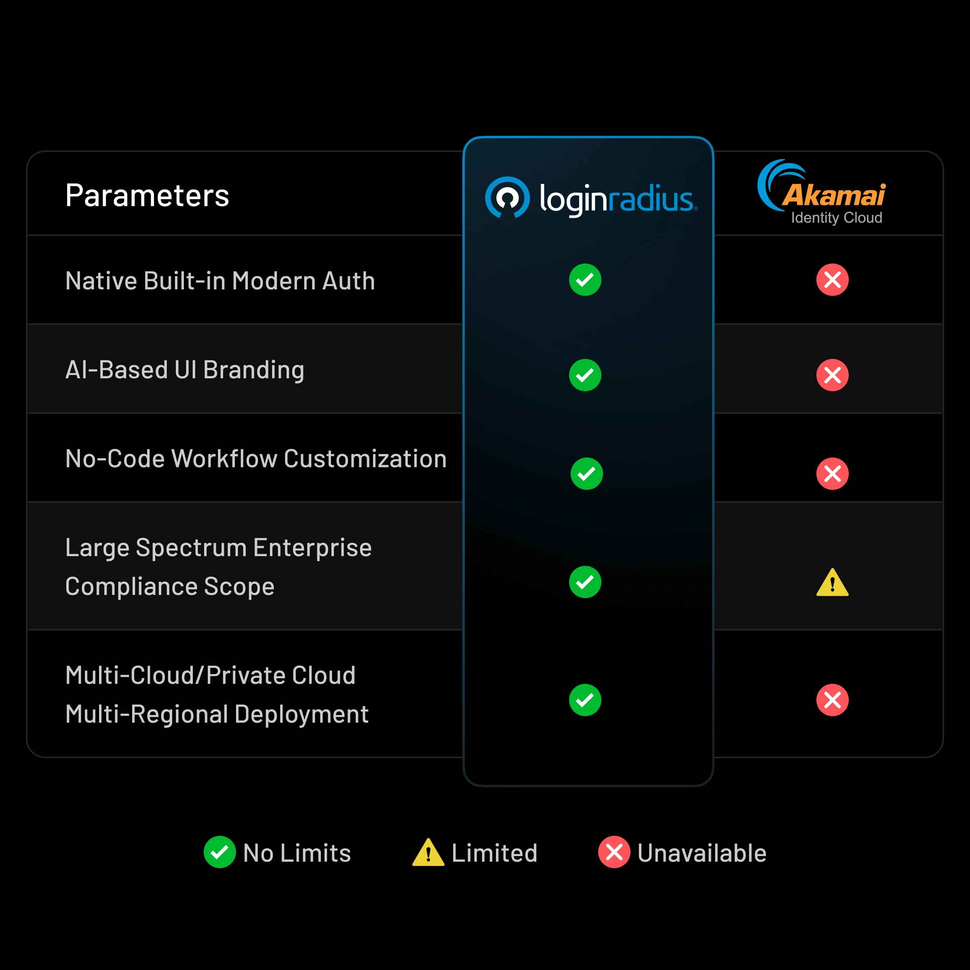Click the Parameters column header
click(x=147, y=195)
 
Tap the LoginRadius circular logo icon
click(x=507, y=197)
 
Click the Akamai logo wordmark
click(x=833, y=195)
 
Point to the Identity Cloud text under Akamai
click(x=837, y=218)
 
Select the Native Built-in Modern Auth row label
click(x=220, y=280)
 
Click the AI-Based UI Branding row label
click(x=185, y=370)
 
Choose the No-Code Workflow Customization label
click(x=255, y=459)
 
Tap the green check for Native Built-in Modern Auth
click(x=585, y=280)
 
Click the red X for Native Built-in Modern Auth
click(x=832, y=280)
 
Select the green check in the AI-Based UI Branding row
click(x=585, y=375)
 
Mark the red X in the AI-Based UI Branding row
click(x=832, y=375)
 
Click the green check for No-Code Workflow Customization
click(x=586, y=473)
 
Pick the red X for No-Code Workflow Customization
click(x=832, y=473)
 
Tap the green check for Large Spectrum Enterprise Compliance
click(x=585, y=582)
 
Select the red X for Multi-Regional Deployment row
click(x=832, y=700)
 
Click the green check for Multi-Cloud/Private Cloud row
click(x=585, y=700)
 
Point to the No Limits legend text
click(x=297, y=853)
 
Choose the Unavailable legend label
click(x=701, y=853)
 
